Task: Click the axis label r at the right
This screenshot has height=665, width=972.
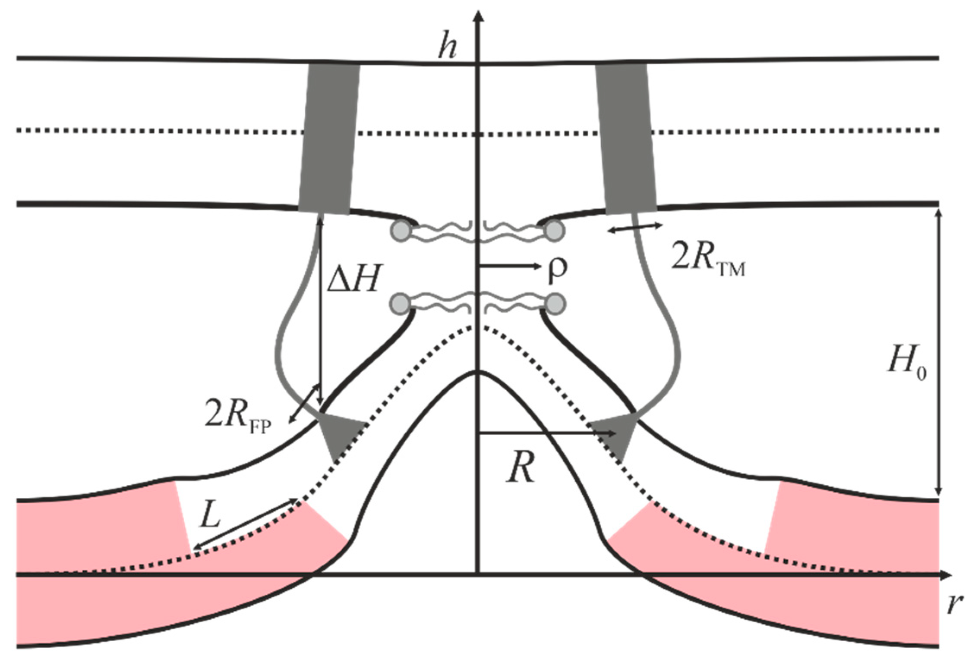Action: coord(953,604)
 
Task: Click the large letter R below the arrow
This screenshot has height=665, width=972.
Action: coord(521,467)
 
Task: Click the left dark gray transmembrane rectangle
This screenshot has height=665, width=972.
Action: coord(329,138)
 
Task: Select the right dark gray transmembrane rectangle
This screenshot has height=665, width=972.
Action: coord(626,138)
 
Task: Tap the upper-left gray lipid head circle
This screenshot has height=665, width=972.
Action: coord(400,231)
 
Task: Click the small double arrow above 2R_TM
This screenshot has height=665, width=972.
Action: coord(634,228)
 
